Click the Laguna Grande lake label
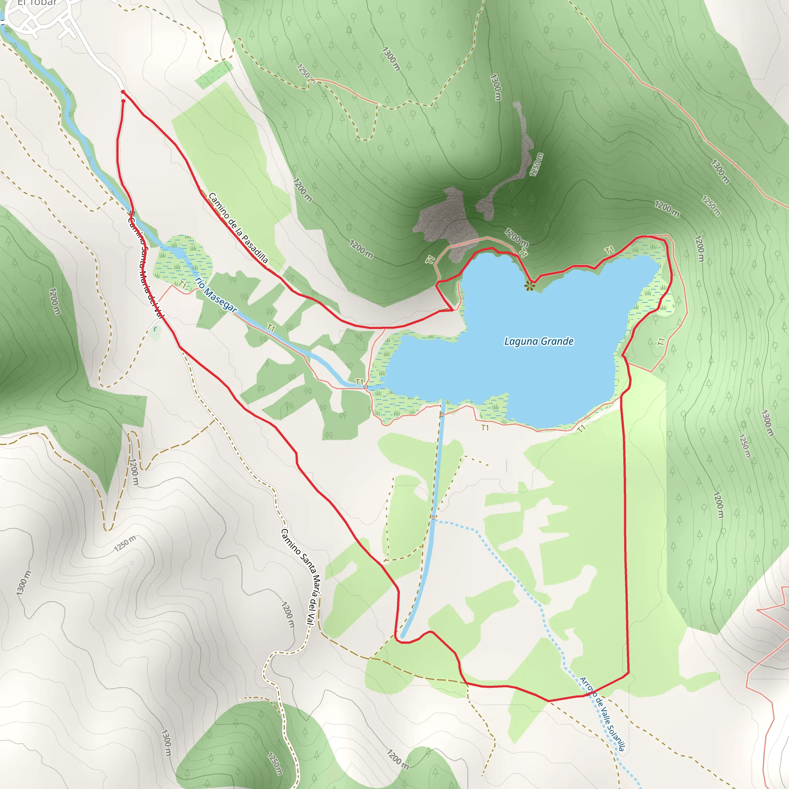click(x=539, y=341)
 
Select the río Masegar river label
click(x=216, y=294)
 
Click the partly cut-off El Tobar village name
click(x=37, y=2)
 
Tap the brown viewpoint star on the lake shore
click(x=530, y=285)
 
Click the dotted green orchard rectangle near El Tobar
click(x=214, y=74)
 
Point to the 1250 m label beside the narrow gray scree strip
click(x=536, y=164)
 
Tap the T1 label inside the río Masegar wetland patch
click(x=183, y=285)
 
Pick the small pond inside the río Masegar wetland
click(x=178, y=252)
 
